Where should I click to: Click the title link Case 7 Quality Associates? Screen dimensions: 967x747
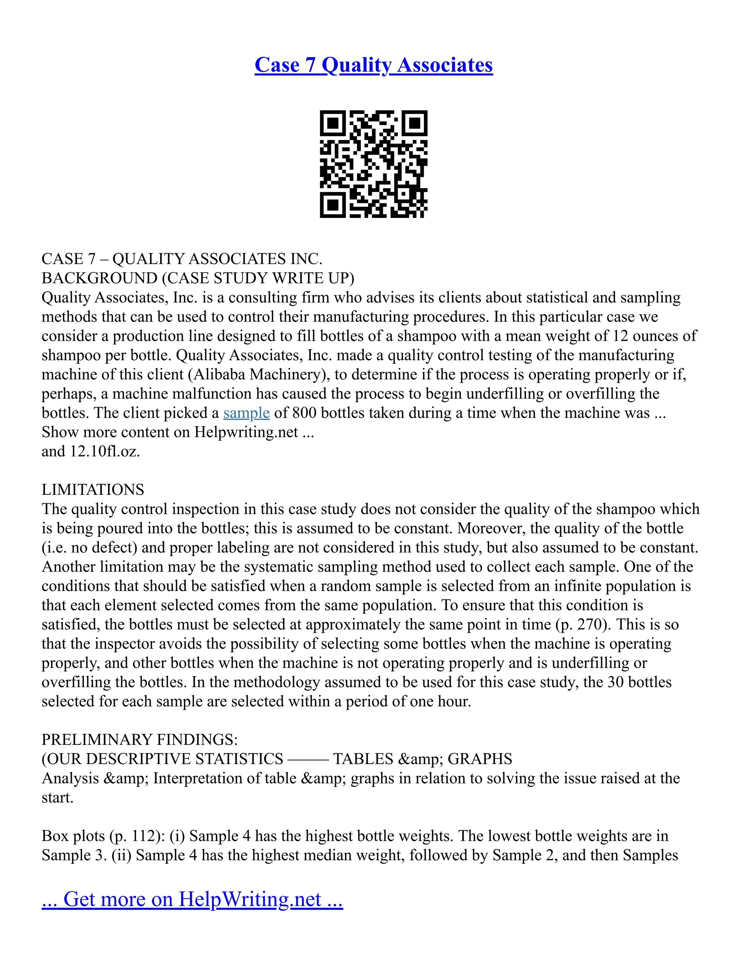(373, 65)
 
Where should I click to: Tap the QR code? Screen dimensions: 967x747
(373, 164)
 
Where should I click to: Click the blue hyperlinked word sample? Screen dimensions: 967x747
(246, 413)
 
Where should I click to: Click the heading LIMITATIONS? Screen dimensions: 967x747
(93, 490)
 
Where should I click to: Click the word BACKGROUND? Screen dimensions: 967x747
(100, 278)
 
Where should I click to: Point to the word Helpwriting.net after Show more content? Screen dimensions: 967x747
(246, 432)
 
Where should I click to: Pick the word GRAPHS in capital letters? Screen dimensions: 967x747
(480, 759)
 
